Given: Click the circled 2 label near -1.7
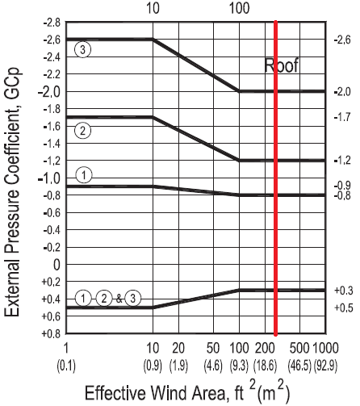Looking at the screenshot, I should pyautogui.click(x=82, y=129).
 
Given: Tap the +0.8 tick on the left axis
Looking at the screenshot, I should pyautogui.click(x=50, y=333).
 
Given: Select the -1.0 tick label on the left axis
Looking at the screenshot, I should pyautogui.click(x=48, y=178).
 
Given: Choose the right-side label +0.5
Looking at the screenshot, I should pyautogui.click(x=342, y=308).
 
